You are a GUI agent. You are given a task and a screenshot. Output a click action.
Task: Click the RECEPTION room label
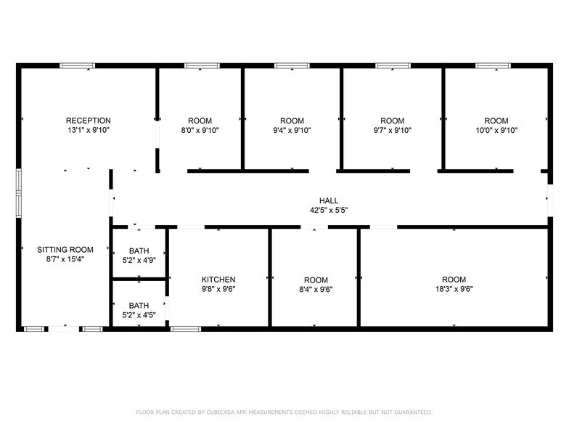click(88, 121)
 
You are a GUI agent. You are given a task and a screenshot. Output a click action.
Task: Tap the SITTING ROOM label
click(65, 249)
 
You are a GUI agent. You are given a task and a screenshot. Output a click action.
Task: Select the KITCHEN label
click(218, 280)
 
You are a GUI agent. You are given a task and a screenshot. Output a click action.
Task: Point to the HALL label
click(329, 201)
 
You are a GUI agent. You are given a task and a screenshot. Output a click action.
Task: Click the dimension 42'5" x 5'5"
click(329, 211)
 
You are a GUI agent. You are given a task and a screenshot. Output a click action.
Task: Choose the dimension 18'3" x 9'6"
click(454, 289)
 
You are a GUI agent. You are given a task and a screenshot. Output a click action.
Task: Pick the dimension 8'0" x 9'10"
click(200, 131)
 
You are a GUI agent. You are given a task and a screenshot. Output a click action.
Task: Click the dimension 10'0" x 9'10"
click(496, 131)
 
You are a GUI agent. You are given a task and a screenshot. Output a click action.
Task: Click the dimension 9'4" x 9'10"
click(292, 131)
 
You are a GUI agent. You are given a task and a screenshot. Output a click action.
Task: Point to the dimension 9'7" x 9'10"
click(392, 131)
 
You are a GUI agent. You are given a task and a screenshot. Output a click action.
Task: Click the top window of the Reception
click(77, 66)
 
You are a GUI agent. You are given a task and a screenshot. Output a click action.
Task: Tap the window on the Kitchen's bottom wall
click(185, 329)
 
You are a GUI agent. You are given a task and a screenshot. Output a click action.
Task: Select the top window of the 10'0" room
click(493, 66)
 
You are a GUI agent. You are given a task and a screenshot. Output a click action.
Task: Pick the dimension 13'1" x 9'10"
click(88, 131)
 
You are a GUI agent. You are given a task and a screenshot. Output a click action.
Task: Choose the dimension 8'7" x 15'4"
click(65, 259)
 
